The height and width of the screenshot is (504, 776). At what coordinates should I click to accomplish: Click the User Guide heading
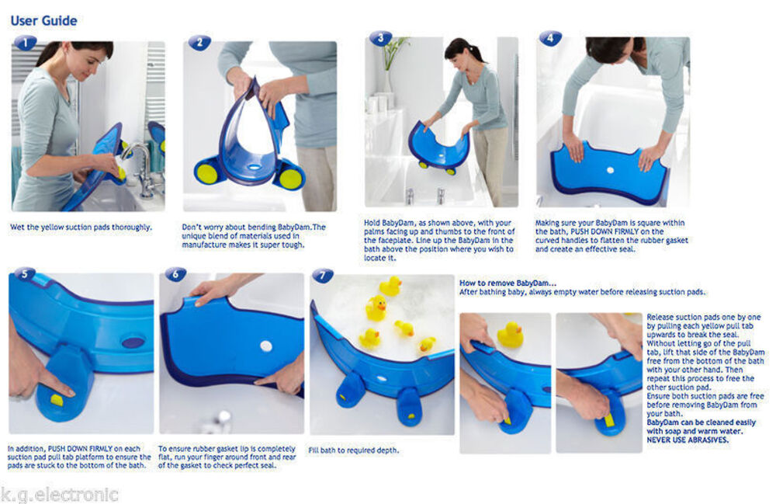pos(43,20)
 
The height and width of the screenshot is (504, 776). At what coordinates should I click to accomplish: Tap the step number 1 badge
pos(26,43)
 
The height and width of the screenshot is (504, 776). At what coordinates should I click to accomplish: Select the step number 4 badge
pos(550,38)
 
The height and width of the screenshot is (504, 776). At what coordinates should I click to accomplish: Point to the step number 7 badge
pos(323,276)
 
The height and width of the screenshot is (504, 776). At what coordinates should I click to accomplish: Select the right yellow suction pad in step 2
pos(290,178)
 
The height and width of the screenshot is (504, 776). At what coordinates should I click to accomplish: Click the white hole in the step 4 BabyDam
pos(610,169)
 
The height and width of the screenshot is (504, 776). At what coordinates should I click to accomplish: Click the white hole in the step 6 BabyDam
pos(266,346)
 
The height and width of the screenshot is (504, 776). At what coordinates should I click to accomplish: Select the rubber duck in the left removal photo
pos(509,335)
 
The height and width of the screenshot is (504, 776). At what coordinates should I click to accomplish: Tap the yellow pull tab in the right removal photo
pos(609,419)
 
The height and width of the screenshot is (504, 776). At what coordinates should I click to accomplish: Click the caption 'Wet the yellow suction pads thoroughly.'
pos(81,228)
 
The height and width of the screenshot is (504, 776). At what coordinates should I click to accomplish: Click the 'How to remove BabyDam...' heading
pos(508,283)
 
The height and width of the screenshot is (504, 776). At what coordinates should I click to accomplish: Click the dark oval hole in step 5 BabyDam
pos(133,342)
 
